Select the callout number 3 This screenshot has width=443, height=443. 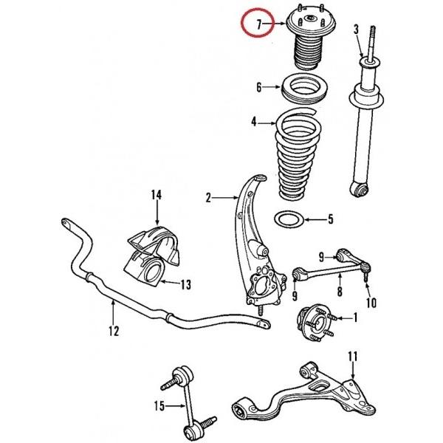pyautogui.click(x=356, y=30)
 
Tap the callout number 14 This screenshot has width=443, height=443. pyautogui.click(x=156, y=196)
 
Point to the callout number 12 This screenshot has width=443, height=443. pyautogui.click(x=113, y=332)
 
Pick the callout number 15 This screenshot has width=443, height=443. pyautogui.click(x=159, y=405)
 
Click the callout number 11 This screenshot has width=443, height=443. pyautogui.click(x=353, y=357)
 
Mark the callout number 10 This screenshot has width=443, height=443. pyautogui.click(x=371, y=303)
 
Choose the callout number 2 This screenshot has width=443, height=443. pyautogui.click(x=208, y=197)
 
